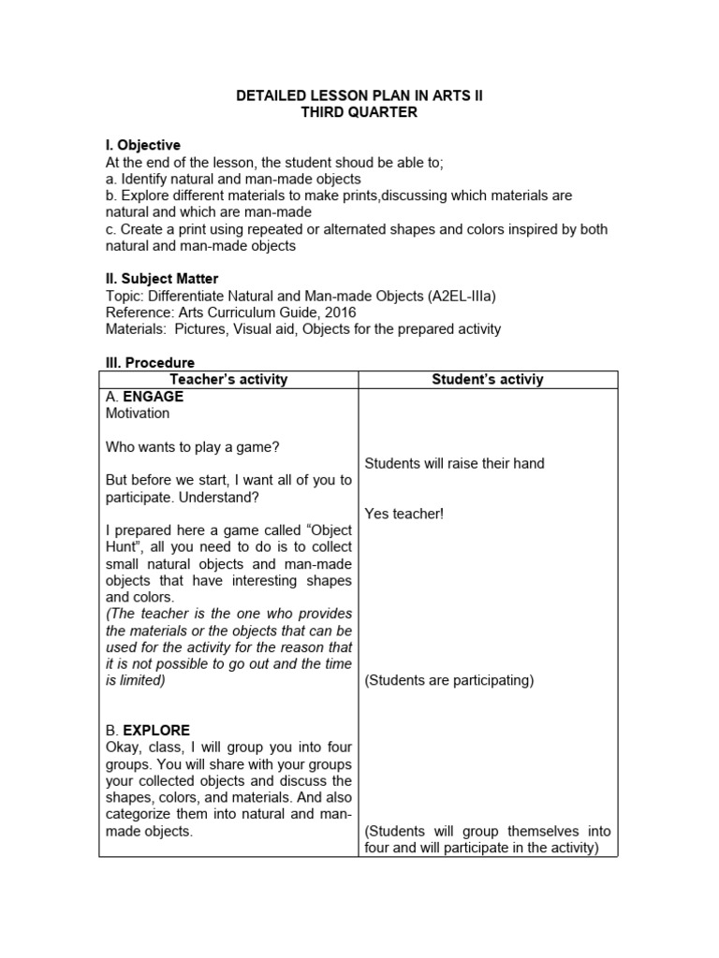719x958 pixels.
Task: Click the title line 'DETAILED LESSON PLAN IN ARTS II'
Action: pyautogui.click(x=359, y=96)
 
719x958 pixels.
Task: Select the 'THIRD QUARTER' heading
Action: pyautogui.click(x=359, y=112)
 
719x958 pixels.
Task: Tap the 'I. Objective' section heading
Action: pyautogui.click(x=142, y=145)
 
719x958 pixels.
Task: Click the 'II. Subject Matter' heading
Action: pyautogui.click(x=161, y=279)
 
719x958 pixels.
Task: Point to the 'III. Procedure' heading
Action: pyautogui.click(x=149, y=362)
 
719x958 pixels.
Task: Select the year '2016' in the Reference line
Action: pyautogui.click(x=338, y=312)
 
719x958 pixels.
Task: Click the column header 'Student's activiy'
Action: pyautogui.click(x=487, y=380)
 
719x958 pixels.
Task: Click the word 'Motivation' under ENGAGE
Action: pyautogui.click(x=138, y=413)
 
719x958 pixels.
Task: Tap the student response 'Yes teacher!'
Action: pyautogui.click(x=404, y=514)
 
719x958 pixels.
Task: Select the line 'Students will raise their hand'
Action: pyautogui.click(x=454, y=463)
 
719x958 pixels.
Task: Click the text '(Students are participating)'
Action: pyautogui.click(x=448, y=680)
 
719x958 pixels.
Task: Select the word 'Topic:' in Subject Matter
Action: pyautogui.click(x=125, y=296)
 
